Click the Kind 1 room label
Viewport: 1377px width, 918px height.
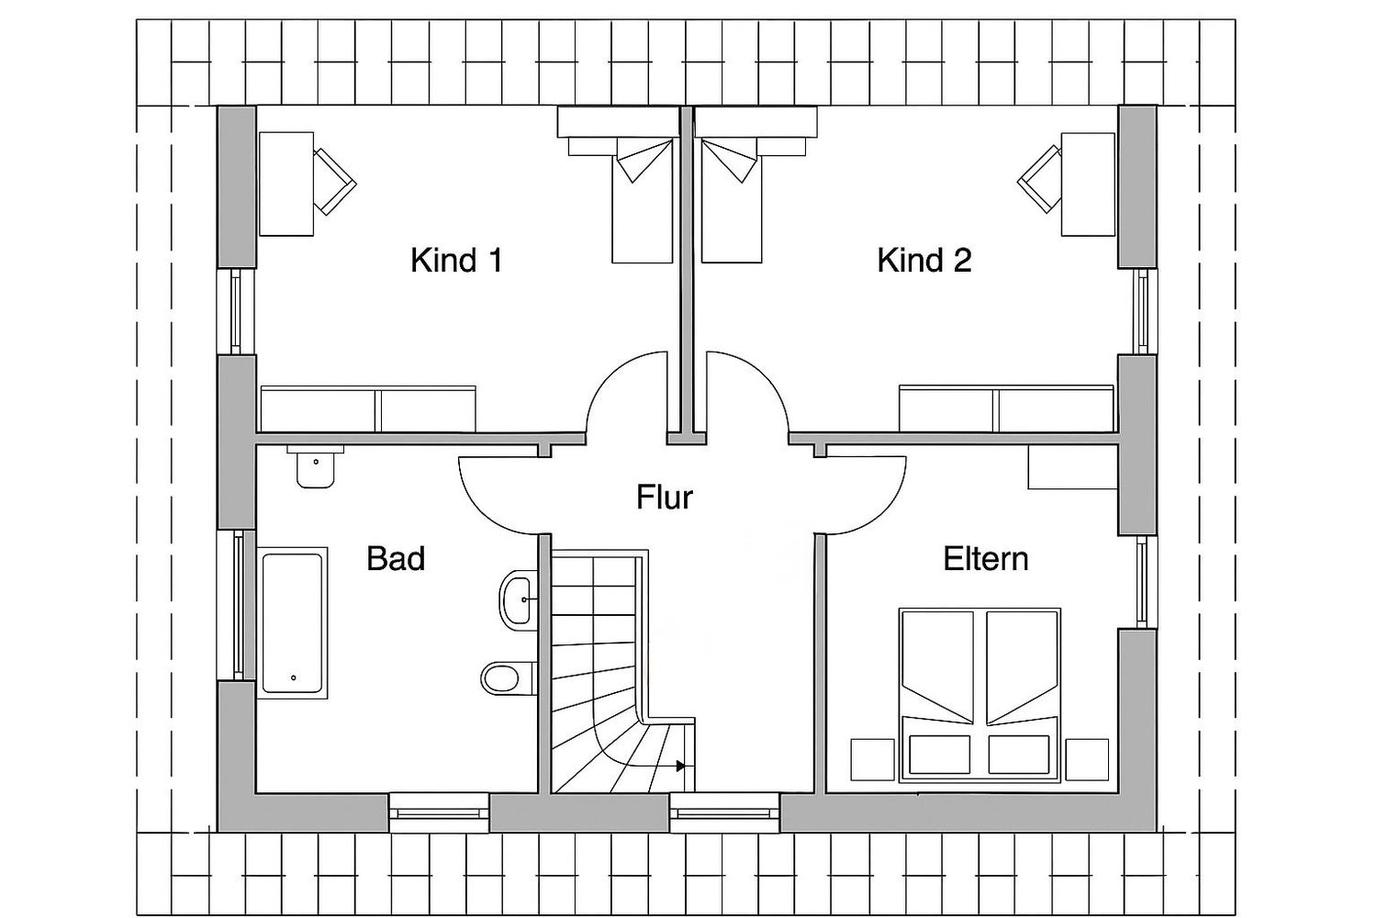click(457, 260)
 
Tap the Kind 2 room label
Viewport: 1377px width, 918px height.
click(924, 260)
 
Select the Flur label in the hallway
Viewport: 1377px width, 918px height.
click(665, 497)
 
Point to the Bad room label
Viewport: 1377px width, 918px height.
click(396, 558)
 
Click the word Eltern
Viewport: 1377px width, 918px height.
click(986, 558)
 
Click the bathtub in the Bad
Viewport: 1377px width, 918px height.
click(292, 622)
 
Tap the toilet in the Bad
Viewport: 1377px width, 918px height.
click(507, 678)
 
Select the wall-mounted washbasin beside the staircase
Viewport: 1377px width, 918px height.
click(519, 599)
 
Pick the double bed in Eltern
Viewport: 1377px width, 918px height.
click(980, 696)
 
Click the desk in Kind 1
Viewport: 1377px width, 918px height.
click(286, 184)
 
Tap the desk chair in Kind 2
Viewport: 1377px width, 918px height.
click(1039, 179)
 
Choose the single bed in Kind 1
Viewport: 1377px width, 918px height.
click(642, 200)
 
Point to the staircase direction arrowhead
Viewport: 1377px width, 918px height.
click(680, 767)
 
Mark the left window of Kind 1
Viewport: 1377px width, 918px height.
click(236, 311)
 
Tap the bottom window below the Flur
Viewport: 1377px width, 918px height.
click(725, 812)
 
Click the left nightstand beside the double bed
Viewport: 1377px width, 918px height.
click(872, 760)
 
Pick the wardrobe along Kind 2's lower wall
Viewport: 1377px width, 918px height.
click(1006, 409)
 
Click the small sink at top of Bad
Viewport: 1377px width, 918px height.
click(316, 466)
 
